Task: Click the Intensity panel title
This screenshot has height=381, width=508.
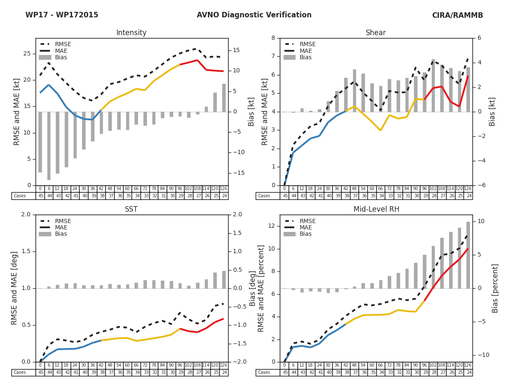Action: click(131, 33)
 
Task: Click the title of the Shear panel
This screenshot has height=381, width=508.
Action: click(375, 33)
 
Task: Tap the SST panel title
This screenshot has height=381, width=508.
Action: click(131, 210)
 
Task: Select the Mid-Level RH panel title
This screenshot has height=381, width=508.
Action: click(376, 210)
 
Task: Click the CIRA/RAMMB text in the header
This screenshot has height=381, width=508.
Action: click(457, 15)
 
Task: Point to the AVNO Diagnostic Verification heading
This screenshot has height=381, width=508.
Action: click(254, 15)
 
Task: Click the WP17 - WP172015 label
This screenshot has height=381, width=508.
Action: click(62, 15)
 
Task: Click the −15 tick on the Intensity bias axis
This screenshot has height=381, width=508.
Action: click(236, 173)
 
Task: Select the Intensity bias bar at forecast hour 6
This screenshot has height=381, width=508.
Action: click(49, 146)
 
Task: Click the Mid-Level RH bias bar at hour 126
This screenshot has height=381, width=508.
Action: click(468, 255)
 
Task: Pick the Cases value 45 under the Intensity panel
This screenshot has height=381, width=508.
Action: click(40, 196)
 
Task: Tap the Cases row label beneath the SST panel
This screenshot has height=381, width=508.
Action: click(20, 373)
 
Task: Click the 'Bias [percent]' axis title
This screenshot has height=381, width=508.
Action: click(495, 288)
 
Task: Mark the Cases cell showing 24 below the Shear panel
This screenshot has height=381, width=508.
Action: click(468, 196)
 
